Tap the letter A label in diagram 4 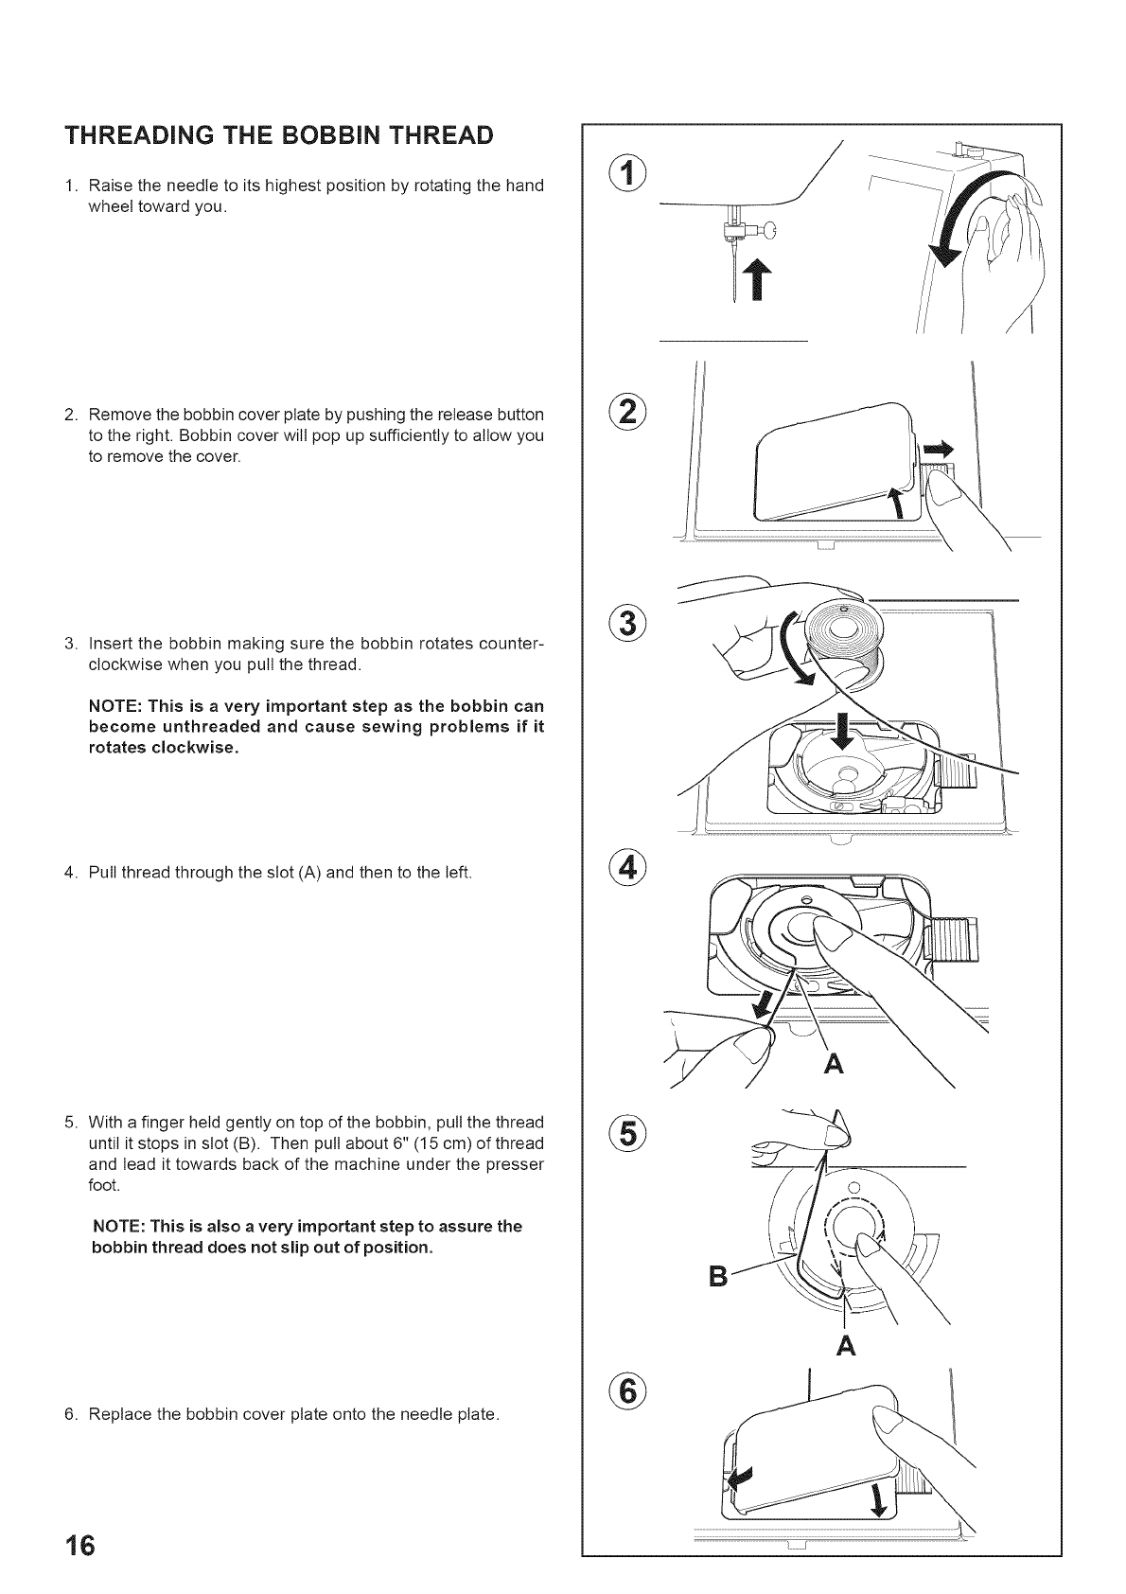point(835,1064)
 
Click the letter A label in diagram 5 point(846,1345)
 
